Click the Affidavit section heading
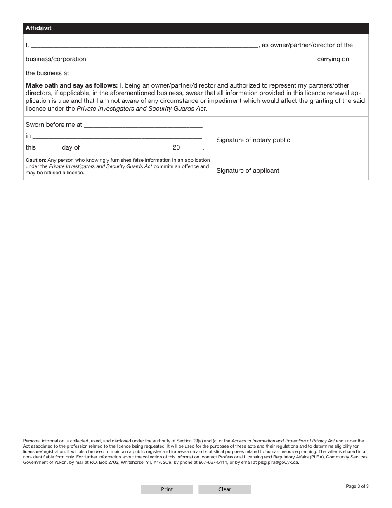pyautogui.click(x=38, y=28)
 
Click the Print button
pyautogui.click(x=167, y=489)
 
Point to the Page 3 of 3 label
pyautogui.click(x=357, y=486)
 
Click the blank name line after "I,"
pyautogui.click(x=144, y=46)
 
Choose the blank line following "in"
pyautogui.click(x=117, y=136)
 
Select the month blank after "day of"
pyautogui.click(x=126, y=148)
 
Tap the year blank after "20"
pyautogui.click(x=191, y=148)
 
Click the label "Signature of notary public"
pyautogui.click(x=253, y=140)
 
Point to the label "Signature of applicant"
pyautogui.click(x=248, y=171)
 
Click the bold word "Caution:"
pyautogui.click(x=36, y=160)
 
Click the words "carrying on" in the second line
pyautogui.click(x=333, y=59)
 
